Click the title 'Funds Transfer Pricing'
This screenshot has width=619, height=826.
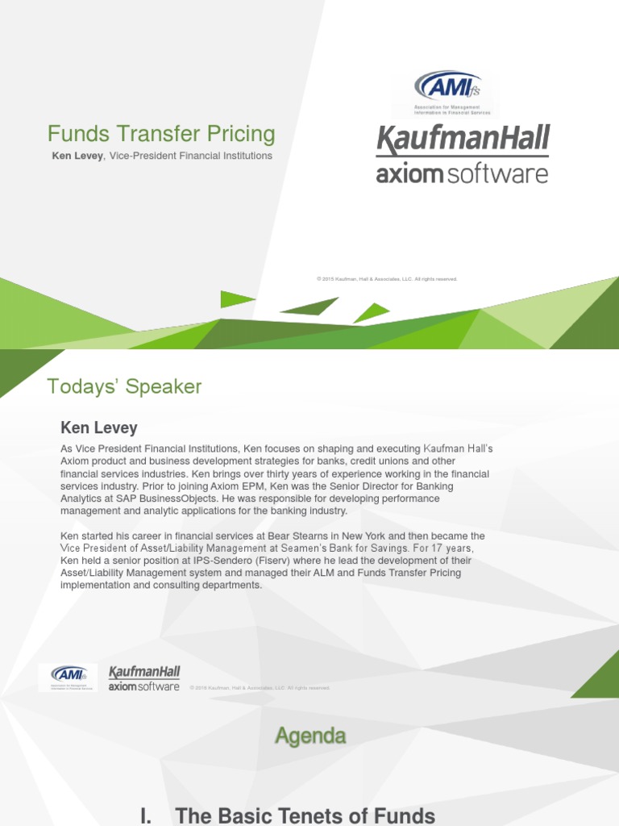point(161,134)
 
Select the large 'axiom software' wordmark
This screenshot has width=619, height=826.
point(462,173)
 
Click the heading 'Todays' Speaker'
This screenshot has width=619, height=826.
point(124,387)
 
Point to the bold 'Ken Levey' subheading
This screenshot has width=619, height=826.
point(99,428)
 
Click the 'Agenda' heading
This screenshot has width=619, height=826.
point(310,736)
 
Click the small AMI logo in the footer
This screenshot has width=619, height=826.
point(69,677)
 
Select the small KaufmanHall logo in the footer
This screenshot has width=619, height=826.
point(144,672)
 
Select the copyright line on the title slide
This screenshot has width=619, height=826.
point(387,279)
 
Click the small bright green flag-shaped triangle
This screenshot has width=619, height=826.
point(234,299)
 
